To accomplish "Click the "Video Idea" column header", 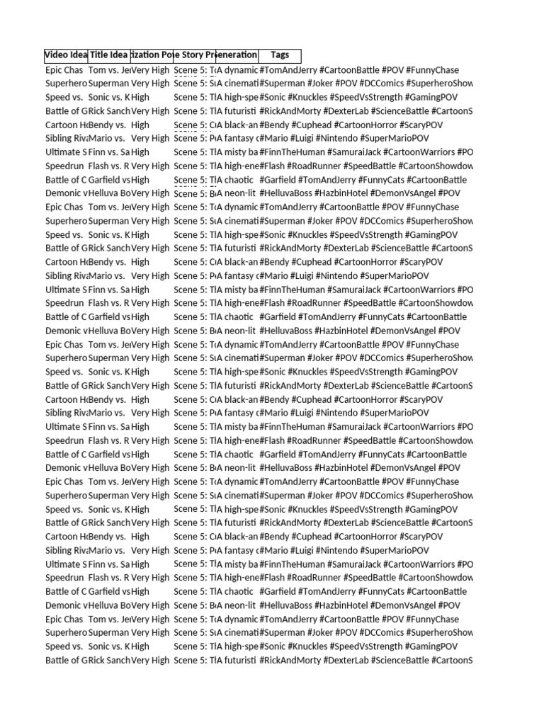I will [66, 56].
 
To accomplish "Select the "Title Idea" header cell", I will [109, 56].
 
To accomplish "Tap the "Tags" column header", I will [280, 56].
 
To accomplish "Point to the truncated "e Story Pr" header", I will [195, 56].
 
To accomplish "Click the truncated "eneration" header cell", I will [237, 56].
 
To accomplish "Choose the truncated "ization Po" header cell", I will [152, 56].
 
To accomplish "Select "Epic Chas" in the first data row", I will [64, 70].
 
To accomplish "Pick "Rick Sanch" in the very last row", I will [109, 661].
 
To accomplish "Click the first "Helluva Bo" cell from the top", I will [109, 193].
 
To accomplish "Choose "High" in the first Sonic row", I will [140, 97].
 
